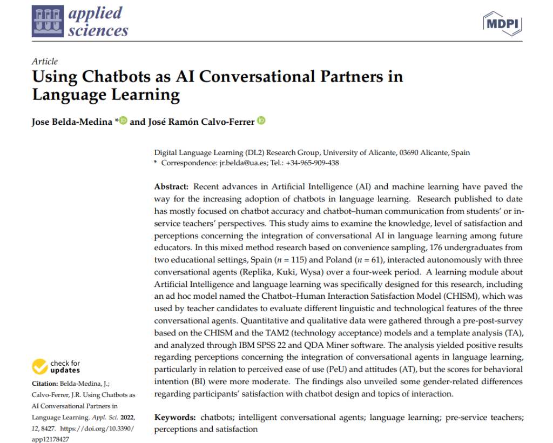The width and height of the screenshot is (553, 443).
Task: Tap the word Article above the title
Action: (x=45, y=61)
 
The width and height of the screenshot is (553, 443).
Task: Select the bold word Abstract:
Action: (x=171, y=186)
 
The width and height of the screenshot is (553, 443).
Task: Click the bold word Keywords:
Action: (x=175, y=418)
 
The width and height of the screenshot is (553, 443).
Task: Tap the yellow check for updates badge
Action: (x=41, y=367)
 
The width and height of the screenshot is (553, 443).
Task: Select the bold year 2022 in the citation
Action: (x=125, y=417)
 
